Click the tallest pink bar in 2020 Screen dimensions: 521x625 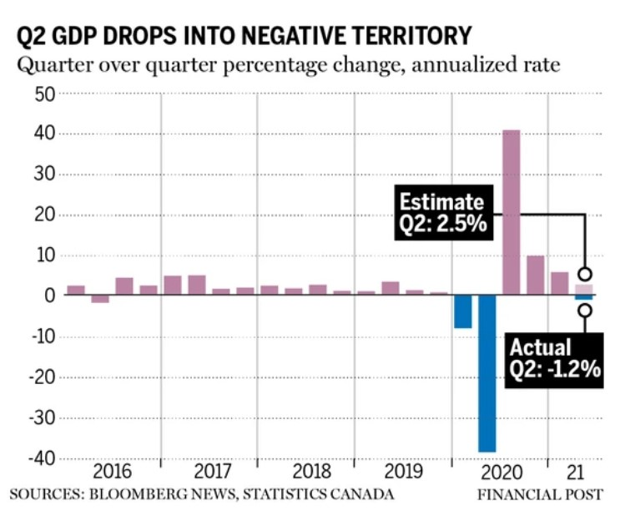512,212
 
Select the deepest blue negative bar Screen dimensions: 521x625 487,373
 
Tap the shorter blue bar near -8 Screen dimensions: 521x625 463,311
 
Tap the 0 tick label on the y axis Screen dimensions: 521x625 49,296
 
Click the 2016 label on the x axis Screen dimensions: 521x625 113,470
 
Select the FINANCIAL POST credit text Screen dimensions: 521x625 540,494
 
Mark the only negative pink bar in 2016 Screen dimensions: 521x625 100,299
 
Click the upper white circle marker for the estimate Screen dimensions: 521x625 585,274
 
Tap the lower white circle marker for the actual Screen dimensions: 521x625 585,311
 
